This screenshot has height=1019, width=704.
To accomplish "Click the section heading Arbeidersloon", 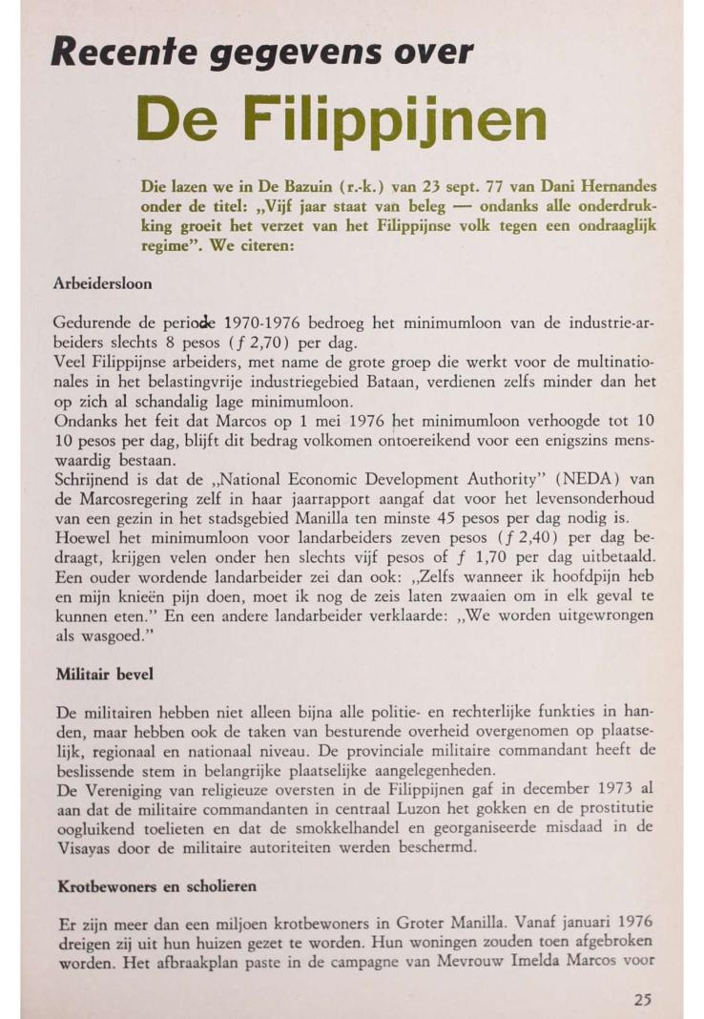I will [x=104, y=283].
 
